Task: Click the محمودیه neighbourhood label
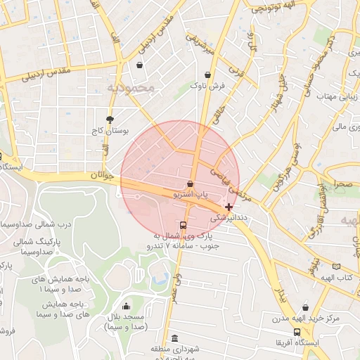click(131, 88)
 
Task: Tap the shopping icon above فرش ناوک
click(207, 75)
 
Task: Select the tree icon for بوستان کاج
click(109, 120)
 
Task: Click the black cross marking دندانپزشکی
click(229, 207)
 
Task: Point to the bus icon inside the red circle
click(184, 226)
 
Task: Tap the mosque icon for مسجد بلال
click(126, 306)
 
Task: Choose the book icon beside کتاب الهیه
click(336, 266)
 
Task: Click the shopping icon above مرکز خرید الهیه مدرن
click(305, 307)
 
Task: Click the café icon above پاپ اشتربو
click(191, 184)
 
